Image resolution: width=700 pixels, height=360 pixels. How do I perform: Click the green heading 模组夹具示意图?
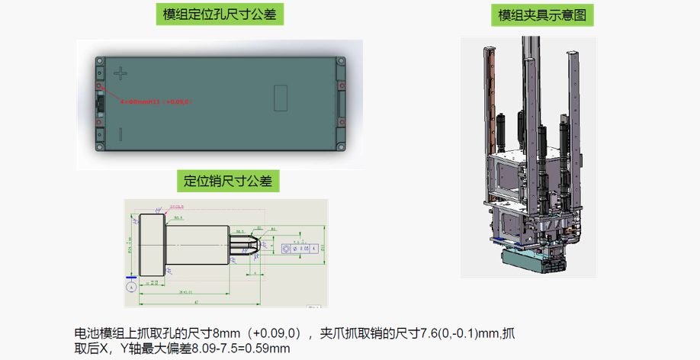[x=545, y=14]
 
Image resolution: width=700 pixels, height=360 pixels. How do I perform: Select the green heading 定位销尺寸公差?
[x=228, y=181]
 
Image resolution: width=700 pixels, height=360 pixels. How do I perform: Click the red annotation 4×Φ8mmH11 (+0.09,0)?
[x=156, y=101]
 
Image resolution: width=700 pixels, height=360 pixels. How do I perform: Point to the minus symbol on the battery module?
[x=120, y=133]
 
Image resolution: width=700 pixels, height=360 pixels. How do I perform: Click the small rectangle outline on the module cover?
[x=280, y=97]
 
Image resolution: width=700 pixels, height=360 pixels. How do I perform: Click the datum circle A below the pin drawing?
[x=131, y=287]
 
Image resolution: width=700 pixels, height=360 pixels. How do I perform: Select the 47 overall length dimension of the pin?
[x=196, y=303]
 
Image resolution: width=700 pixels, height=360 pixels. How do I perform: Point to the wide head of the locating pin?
[x=153, y=246]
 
